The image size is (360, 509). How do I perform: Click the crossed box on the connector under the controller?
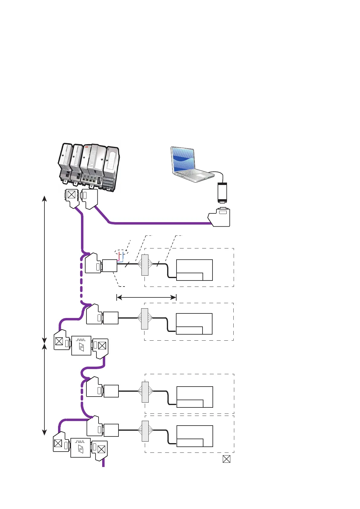coord(71,194)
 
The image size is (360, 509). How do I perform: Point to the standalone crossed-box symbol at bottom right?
coord(226,459)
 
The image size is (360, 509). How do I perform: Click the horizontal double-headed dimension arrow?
coord(146,297)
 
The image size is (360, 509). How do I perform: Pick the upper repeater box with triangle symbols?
coord(81,345)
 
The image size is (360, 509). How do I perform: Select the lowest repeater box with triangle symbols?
coord(80,448)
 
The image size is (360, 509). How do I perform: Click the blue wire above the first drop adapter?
coord(123,257)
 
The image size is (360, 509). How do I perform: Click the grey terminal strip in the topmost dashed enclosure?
coord(145,265)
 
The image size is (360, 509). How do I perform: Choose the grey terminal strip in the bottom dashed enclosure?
coord(145,431)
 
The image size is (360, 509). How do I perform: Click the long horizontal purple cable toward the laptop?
coord(160,223)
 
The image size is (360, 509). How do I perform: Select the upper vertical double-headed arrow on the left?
coord(44,269)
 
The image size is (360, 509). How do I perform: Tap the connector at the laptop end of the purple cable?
coord(220,217)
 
